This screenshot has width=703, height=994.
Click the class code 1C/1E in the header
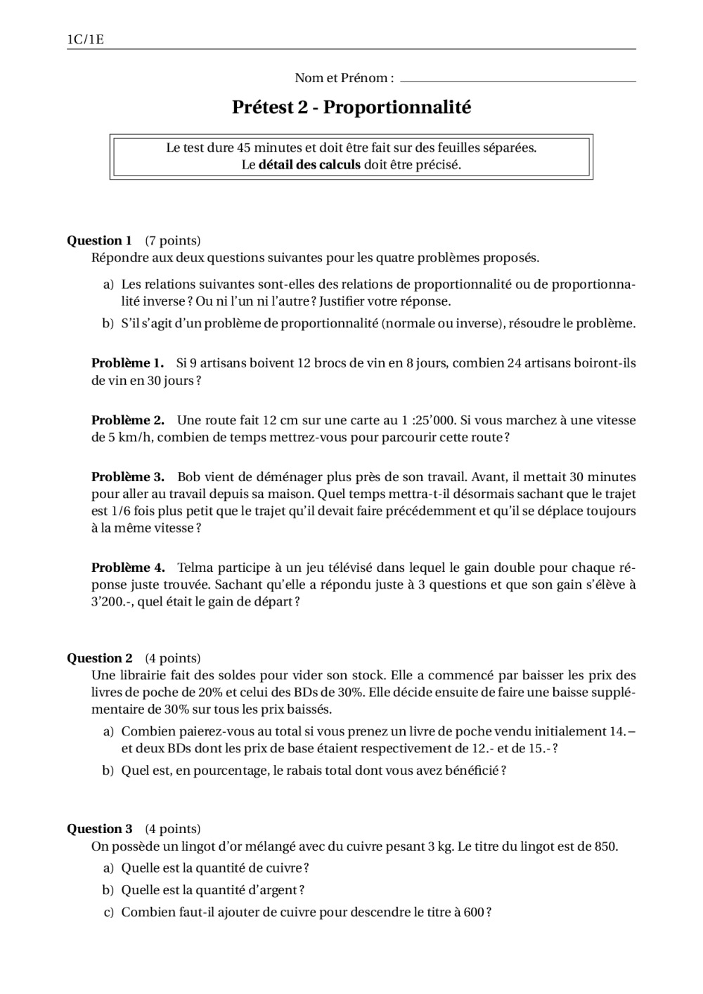point(85,39)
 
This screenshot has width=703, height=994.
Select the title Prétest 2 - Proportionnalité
point(351,107)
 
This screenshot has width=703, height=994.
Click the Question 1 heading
point(99,241)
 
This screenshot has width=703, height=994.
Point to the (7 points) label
point(173,241)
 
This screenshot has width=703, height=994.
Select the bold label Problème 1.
point(127,363)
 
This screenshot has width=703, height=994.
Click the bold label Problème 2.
point(127,420)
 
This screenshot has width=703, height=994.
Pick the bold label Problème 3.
point(127,477)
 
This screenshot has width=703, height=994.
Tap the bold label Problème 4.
point(127,568)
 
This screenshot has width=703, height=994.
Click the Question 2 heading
point(99,658)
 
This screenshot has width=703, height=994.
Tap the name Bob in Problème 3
point(188,477)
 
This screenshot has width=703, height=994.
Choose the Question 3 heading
point(99,829)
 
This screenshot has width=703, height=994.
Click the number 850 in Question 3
point(605,846)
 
